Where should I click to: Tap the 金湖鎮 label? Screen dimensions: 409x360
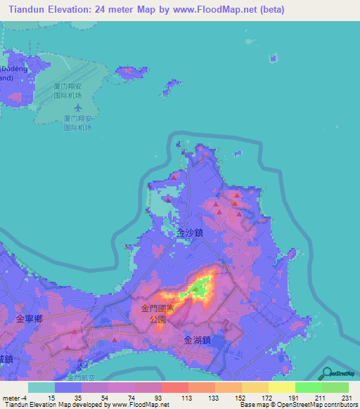coord(198,339)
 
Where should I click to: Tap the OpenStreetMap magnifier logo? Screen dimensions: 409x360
coord(329,372)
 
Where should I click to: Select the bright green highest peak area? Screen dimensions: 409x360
coord(200,287)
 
